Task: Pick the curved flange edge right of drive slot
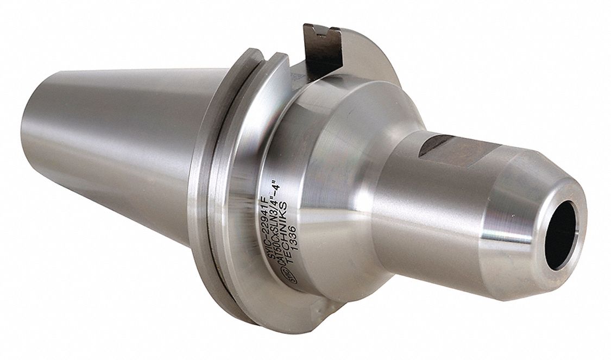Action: click(375, 65)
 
